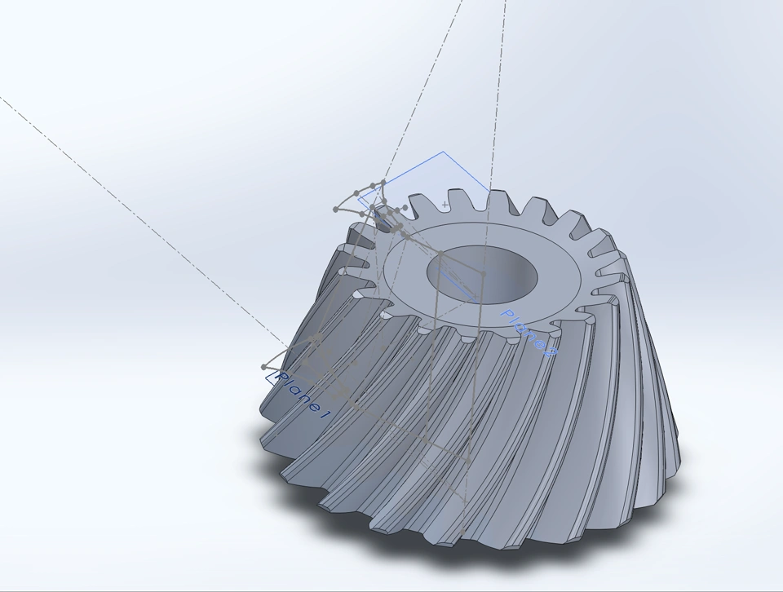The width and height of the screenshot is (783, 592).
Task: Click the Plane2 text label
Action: point(529,333)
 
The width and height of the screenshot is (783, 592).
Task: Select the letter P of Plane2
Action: point(507,316)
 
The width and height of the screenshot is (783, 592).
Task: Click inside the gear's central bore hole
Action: point(482,273)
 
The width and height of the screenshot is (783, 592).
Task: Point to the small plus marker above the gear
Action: point(445,204)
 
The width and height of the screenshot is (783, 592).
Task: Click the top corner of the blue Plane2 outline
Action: point(443,151)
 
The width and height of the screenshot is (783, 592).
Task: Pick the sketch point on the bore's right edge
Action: point(483,273)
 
